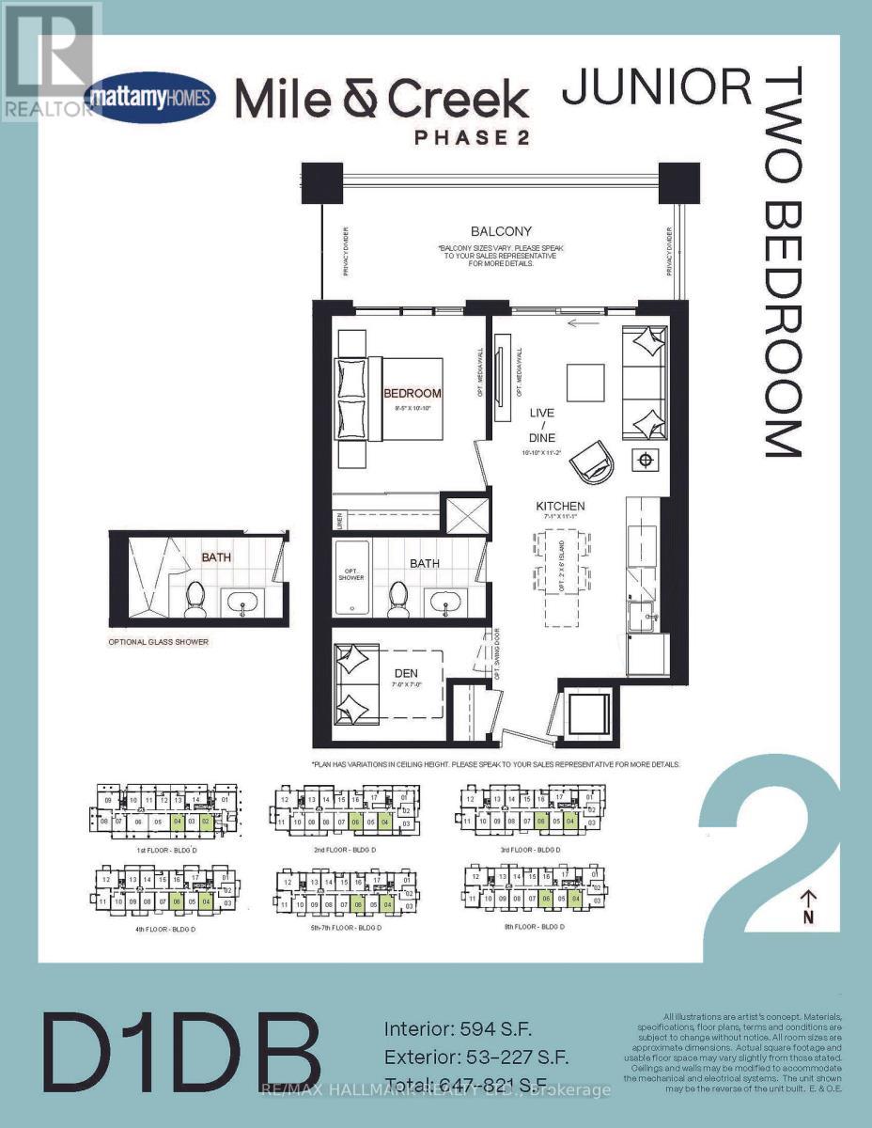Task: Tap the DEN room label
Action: click(406, 673)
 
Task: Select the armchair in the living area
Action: click(593, 461)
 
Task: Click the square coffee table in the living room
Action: click(585, 383)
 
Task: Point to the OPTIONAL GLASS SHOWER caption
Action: click(158, 642)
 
